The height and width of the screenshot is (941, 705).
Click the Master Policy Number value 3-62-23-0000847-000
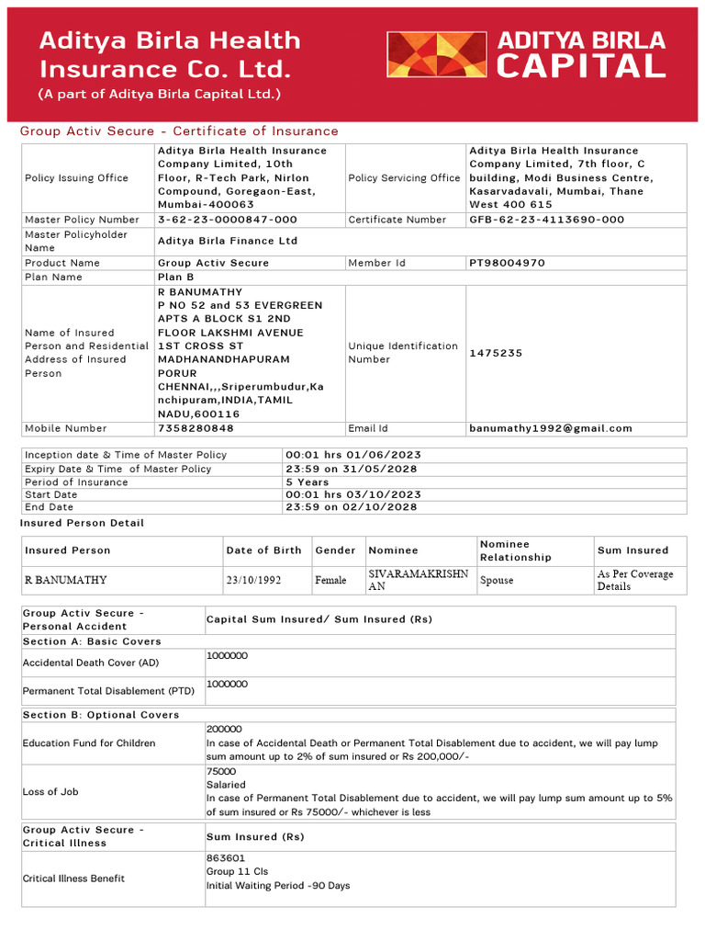tap(228, 220)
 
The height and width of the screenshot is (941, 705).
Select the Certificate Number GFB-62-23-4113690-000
tap(546, 220)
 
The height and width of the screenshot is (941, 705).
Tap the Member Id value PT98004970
tap(507, 263)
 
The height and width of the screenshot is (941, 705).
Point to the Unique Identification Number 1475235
tap(496, 353)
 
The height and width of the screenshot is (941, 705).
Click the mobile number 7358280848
tap(196, 428)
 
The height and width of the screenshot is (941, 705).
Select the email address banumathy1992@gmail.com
tap(551, 428)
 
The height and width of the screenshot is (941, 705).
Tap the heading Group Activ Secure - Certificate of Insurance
tap(179, 131)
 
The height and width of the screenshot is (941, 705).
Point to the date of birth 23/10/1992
tap(253, 581)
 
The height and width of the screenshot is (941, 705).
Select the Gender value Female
tap(330, 581)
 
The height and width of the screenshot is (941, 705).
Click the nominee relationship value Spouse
tap(497, 581)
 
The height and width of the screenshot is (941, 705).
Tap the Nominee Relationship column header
tap(516, 550)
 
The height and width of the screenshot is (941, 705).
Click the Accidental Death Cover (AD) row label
tap(91, 663)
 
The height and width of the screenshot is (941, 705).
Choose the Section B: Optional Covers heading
tap(101, 715)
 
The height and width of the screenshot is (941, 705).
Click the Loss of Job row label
tap(52, 791)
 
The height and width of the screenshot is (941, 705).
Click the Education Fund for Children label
tap(89, 743)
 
